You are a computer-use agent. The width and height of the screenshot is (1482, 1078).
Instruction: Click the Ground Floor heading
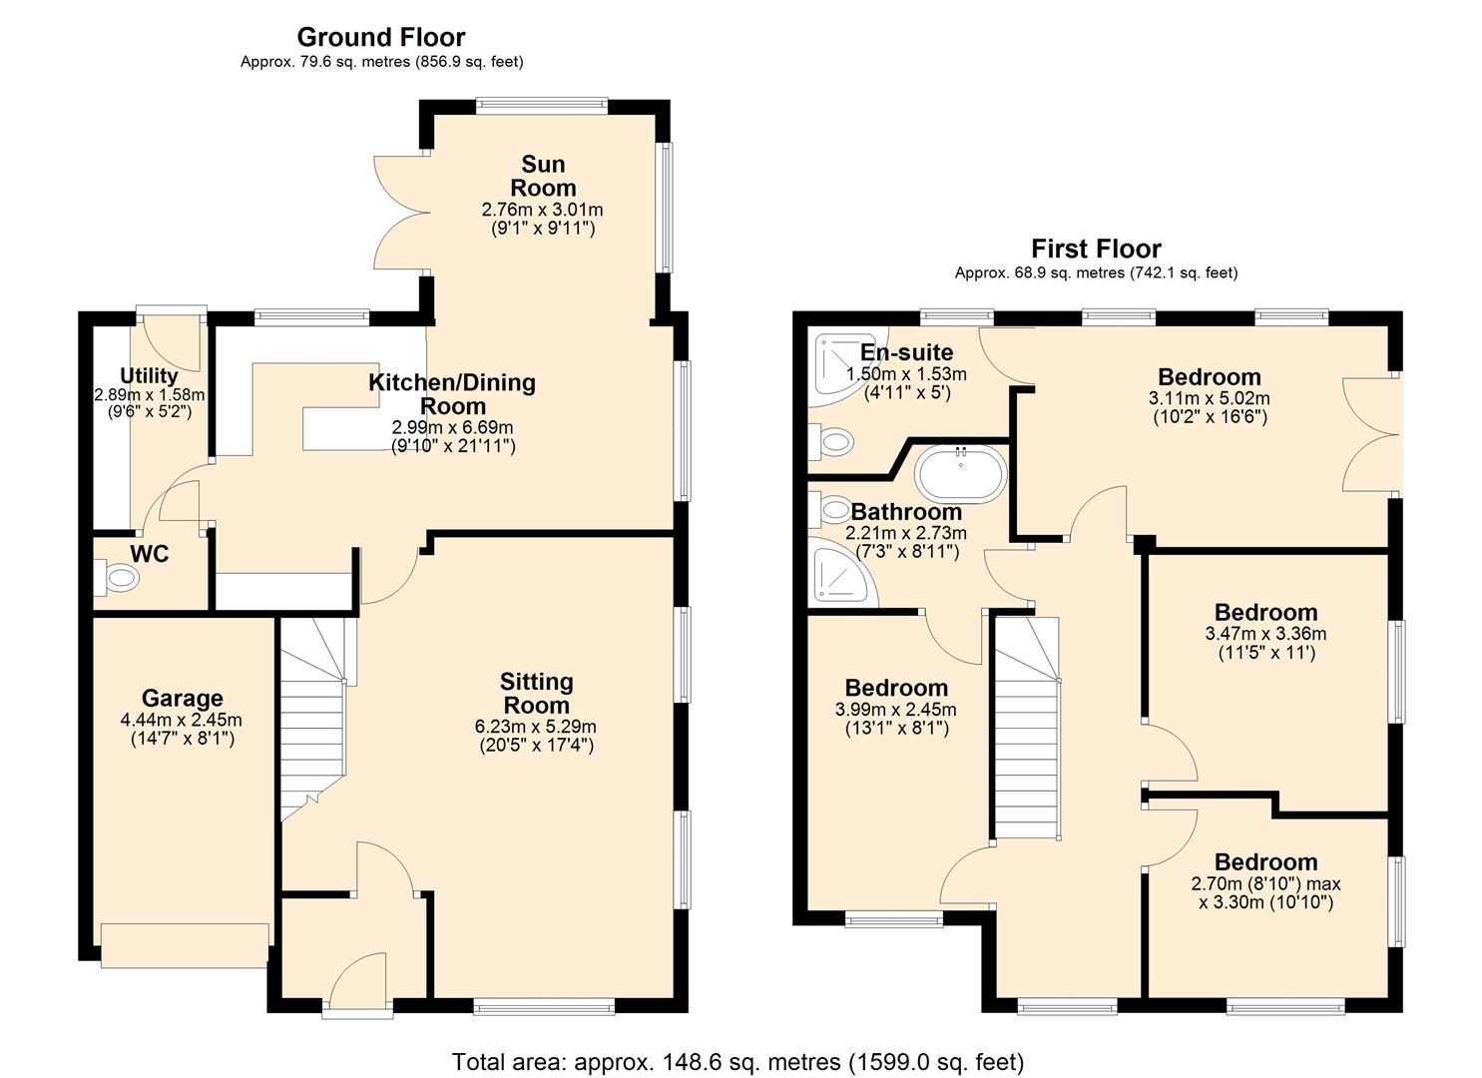[x=380, y=38]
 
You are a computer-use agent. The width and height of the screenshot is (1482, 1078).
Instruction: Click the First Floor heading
[x=1096, y=249]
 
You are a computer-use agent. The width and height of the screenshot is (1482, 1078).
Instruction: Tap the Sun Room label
[x=543, y=176]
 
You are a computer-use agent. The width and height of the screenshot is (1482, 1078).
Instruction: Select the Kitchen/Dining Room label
[x=452, y=394]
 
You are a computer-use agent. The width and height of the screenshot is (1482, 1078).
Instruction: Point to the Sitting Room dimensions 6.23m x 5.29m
[x=536, y=726]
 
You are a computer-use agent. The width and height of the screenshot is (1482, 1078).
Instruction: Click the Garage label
[x=182, y=699]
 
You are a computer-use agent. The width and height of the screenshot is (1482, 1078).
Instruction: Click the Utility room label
[x=149, y=376]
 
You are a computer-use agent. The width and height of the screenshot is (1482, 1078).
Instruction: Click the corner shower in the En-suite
[x=834, y=362]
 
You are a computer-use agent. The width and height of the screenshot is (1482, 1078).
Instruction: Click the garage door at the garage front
[x=185, y=945]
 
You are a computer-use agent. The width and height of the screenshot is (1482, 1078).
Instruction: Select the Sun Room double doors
[x=400, y=215]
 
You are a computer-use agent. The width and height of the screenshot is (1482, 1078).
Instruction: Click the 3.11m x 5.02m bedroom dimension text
[x=1209, y=398]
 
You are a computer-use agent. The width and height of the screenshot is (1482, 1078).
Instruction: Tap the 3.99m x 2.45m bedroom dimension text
[x=895, y=710]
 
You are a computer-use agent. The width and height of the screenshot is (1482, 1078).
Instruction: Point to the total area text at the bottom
[x=738, y=1062]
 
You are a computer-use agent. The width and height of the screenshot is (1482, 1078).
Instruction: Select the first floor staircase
[x=1026, y=729]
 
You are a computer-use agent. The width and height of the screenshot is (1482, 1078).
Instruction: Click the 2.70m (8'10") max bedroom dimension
[x=1265, y=884]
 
